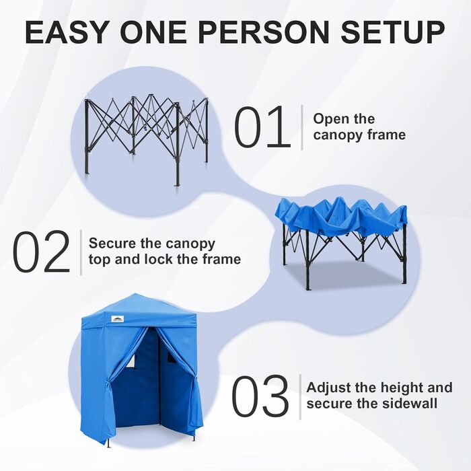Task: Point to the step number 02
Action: pyautogui.click(x=41, y=252)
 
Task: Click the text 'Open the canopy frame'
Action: pyautogui.click(x=359, y=126)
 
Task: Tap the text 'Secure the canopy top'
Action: pyautogui.click(x=151, y=244)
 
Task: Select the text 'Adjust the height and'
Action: pyautogui.click(x=379, y=388)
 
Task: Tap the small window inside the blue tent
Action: pyautogui.click(x=131, y=363)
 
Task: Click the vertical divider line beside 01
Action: pyautogui.click(x=301, y=126)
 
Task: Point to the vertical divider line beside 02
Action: pyautogui.click(x=81, y=252)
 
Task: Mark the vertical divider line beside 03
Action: pyautogui.click(x=299, y=396)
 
